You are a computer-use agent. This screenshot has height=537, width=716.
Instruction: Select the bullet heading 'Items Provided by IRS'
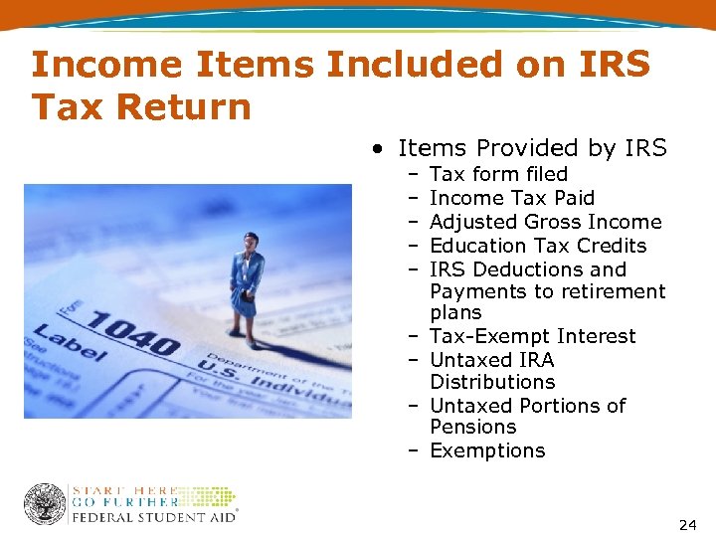coord(532,148)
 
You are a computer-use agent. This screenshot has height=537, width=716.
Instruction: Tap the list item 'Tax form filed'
coord(498,174)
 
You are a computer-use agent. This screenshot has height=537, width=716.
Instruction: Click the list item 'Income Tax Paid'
coord(511,198)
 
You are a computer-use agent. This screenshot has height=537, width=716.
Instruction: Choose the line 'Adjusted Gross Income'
coord(545,222)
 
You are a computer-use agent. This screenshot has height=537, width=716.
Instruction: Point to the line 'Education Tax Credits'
coord(538,246)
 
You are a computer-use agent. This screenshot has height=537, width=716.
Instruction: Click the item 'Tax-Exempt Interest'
coord(532,336)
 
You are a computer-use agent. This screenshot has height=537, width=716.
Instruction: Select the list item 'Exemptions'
coord(487,450)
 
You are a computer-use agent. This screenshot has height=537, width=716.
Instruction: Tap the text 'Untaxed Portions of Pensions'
coord(527,416)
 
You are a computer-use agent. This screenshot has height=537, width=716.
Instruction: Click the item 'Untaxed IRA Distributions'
coord(492,371)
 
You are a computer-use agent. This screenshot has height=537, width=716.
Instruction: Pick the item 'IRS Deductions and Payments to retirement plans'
coord(547,290)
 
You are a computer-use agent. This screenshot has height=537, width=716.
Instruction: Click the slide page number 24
coord(687,523)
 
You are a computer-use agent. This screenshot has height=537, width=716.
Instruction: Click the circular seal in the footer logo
coord(45,504)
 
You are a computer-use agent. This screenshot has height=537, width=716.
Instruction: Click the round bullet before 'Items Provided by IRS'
coord(379,149)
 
